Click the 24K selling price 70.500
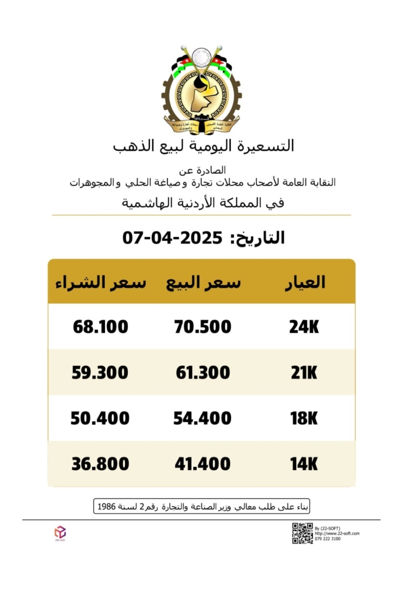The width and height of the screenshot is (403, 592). pyautogui.click(x=203, y=327)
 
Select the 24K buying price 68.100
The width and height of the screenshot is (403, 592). pyautogui.click(x=100, y=327)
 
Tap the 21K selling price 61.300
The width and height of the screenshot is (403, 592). pyautogui.click(x=203, y=372)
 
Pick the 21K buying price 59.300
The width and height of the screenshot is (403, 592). pyautogui.click(x=100, y=372)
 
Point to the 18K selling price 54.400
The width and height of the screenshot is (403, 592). pyautogui.click(x=202, y=418)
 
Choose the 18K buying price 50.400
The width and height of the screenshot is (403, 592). pyautogui.click(x=100, y=418)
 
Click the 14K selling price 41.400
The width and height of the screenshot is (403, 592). pyautogui.click(x=203, y=464)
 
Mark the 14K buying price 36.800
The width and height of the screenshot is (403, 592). pyautogui.click(x=100, y=464)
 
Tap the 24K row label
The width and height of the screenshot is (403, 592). pyautogui.click(x=304, y=327)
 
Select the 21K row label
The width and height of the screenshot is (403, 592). pyautogui.click(x=304, y=372)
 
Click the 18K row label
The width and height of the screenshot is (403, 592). pyautogui.click(x=304, y=418)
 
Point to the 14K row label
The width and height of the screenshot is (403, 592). pyautogui.click(x=304, y=464)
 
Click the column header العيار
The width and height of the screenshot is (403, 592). pyautogui.click(x=305, y=283)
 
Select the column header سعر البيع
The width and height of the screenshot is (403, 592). pyautogui.click(x=203, y=283)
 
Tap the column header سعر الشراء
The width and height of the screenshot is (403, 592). pyautogui.click(x=101, y=283)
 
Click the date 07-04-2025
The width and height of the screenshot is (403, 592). pyautogui.click(x=172, y=238)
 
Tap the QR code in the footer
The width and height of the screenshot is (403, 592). pyautogui.click(x=302, y=533)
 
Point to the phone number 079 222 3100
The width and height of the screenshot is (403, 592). pyautogui.click(x=327, y=539)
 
